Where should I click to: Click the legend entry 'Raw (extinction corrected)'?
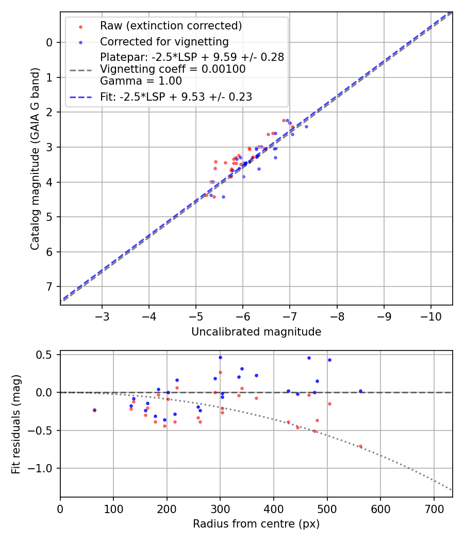[171, 26]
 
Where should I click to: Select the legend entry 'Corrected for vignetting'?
[164, 41]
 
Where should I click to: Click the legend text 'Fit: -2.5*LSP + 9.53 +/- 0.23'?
[176, 97]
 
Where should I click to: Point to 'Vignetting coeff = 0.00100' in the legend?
[173, 69]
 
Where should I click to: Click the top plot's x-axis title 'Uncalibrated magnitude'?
[256, 332]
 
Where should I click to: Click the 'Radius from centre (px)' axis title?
[256, 524]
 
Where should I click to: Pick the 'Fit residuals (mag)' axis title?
[16, 424]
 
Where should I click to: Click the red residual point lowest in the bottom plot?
[360, 446]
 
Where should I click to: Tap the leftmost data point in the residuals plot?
[94, 410]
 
